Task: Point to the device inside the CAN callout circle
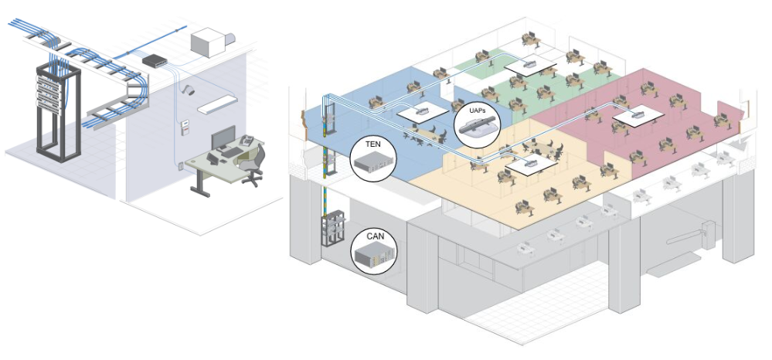click(372, 254)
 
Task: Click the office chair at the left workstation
click(251, 165)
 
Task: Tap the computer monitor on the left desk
click(223, 138)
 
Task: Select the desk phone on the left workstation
click(247, 141)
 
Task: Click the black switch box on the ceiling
click(155, 59)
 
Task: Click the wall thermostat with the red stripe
click(185, 127)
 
